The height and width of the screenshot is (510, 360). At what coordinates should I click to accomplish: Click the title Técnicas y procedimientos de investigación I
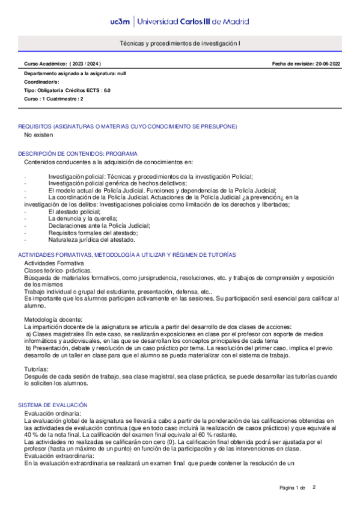click(180, 44)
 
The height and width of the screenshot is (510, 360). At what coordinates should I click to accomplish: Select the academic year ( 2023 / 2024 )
click(85, 64)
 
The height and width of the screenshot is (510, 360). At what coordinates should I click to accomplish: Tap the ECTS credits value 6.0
click(106, 90)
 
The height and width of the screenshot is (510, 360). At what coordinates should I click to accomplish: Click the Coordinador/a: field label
click(41, 81)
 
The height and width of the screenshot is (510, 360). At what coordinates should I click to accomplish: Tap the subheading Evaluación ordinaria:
click(52, 414)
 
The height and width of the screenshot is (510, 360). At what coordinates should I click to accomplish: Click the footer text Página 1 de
click(293, 487)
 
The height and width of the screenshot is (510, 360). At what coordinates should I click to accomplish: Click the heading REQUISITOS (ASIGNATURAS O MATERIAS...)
click(127, 127)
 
